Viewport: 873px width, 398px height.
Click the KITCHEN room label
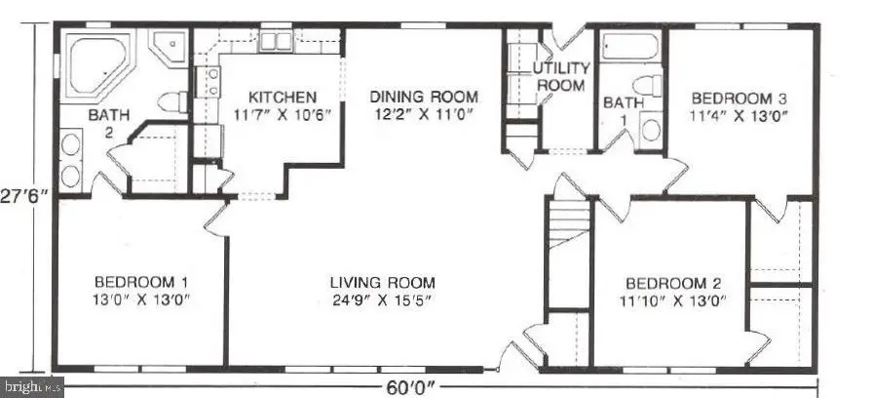click(282, 98)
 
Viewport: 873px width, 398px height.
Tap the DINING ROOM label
click(424, 97)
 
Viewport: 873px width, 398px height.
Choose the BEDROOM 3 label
click(739, 99)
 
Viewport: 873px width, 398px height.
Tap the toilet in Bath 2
click(171, 101)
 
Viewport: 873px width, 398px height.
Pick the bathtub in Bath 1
click(629, 48)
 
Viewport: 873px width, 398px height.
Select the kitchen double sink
click(275, 41)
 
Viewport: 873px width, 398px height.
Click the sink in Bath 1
click(650, 129)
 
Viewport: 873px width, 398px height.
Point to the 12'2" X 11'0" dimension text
click(424, 114)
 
